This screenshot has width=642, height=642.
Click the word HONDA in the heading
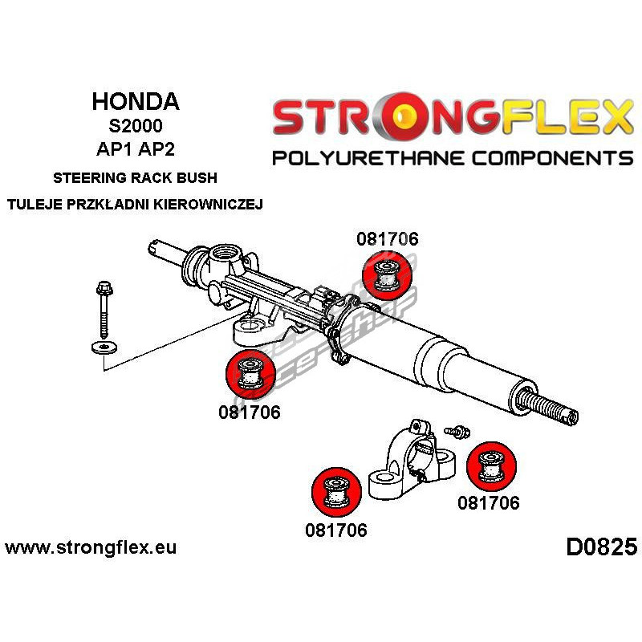point(136,102)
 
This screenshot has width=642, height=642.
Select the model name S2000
point(136,127)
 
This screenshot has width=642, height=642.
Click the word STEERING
point(88,177)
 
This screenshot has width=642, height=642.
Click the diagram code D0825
point(601,547)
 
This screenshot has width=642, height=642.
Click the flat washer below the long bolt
point(103,347)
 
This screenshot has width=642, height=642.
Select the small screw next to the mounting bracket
point(455,432)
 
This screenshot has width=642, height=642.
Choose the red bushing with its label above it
point(387,274)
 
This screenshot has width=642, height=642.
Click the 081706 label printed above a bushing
point(388,238)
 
